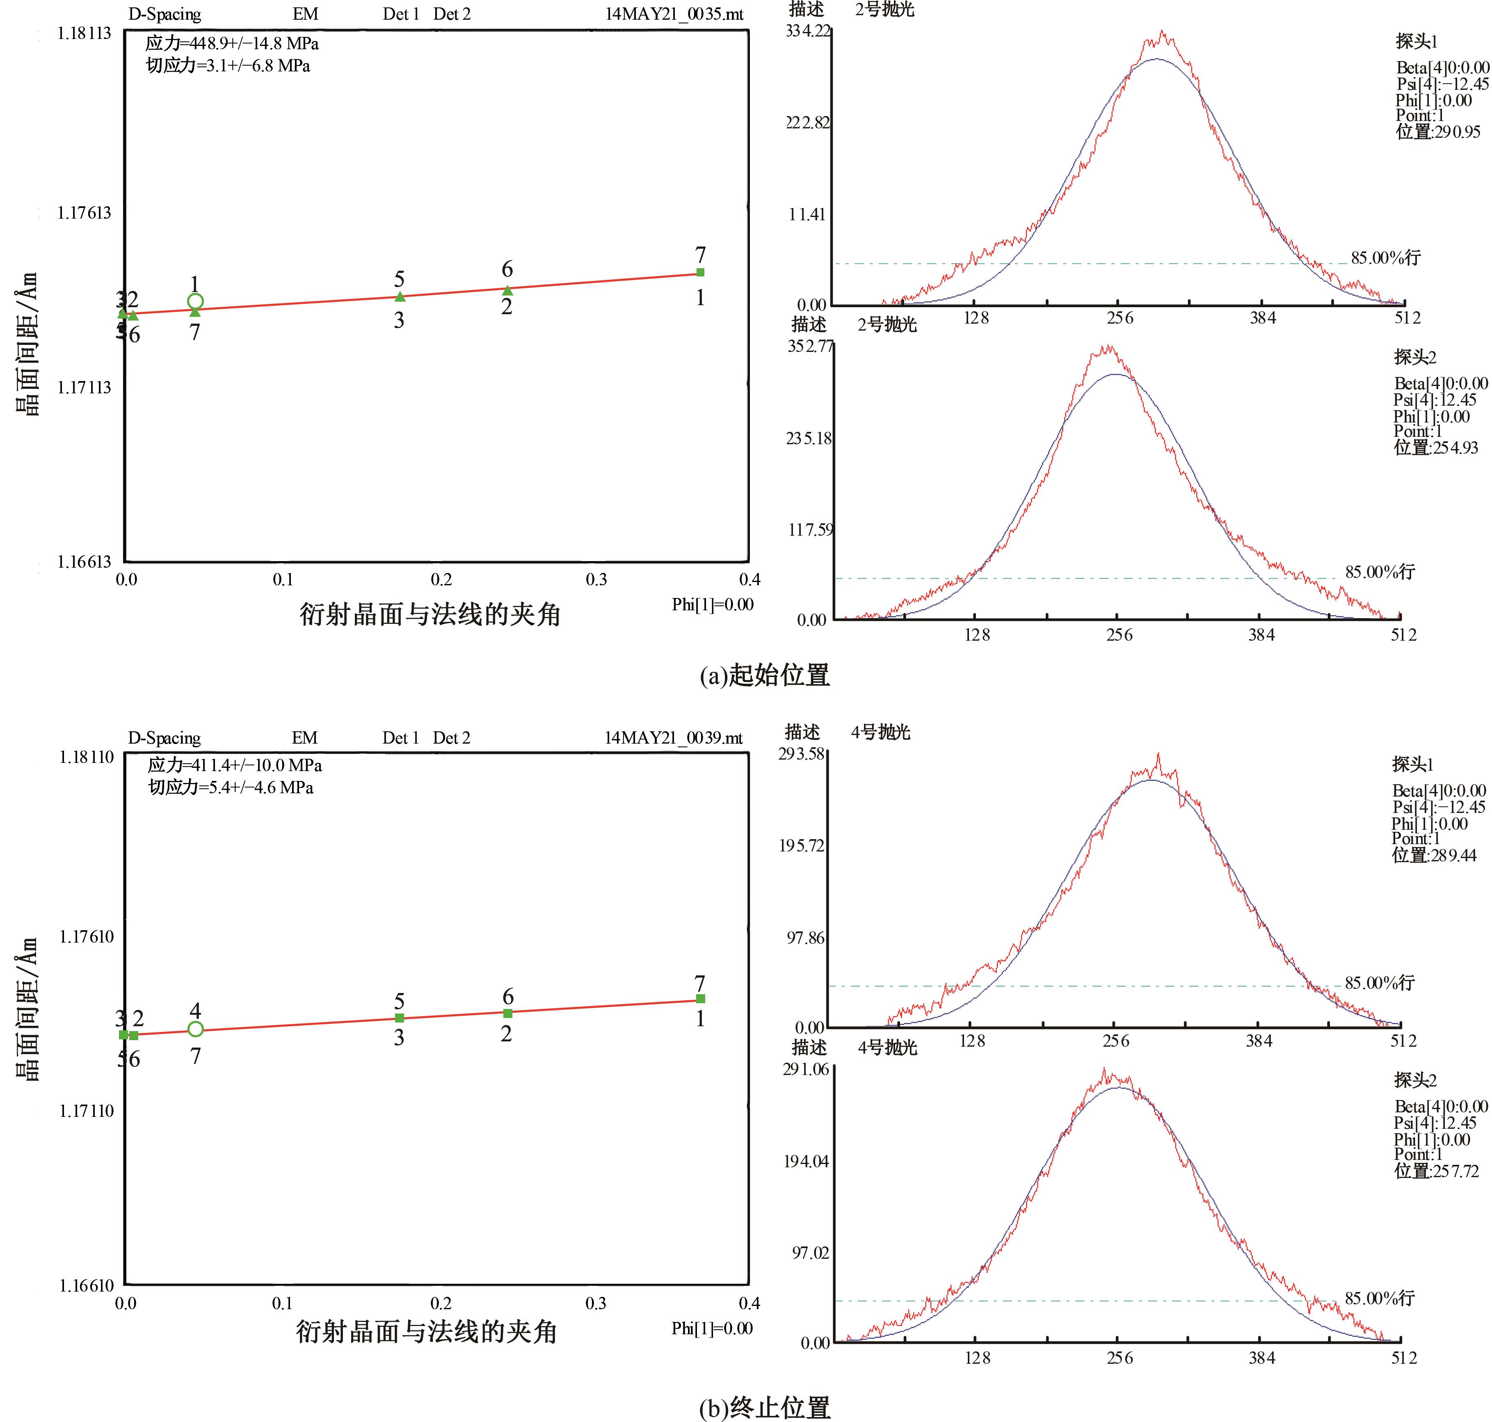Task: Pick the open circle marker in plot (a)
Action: tap(195, 302)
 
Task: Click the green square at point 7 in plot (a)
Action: tap(701, 272)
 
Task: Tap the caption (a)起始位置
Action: tap(764, 675)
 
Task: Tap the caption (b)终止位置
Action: tap(764, 1408)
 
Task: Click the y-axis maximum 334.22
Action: tap(808, 31)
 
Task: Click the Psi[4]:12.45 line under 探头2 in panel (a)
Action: tap(1435, 400)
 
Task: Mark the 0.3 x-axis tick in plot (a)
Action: tap(596, 580)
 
